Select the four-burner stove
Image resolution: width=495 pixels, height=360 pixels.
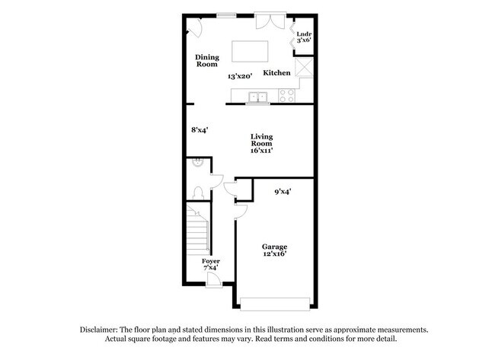(x=287, y=96)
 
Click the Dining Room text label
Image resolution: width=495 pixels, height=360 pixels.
(x=207, y=61)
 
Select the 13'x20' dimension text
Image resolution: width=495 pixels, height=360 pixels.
(x=240, y=76)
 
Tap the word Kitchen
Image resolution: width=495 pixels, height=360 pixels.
(x=276, y=73)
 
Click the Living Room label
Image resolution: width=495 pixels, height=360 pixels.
(x=261, y=144)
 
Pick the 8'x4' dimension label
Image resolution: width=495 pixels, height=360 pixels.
(x=200, y=130)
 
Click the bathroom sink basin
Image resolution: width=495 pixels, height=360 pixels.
(x=197, y=161)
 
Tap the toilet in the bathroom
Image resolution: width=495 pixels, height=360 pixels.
(x=196, y=192)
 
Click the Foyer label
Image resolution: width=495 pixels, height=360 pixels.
(x=210, y=261)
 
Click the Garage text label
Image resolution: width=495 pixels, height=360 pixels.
(x=274, y=247)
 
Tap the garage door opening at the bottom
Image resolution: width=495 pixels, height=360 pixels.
(x=275, y=303)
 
